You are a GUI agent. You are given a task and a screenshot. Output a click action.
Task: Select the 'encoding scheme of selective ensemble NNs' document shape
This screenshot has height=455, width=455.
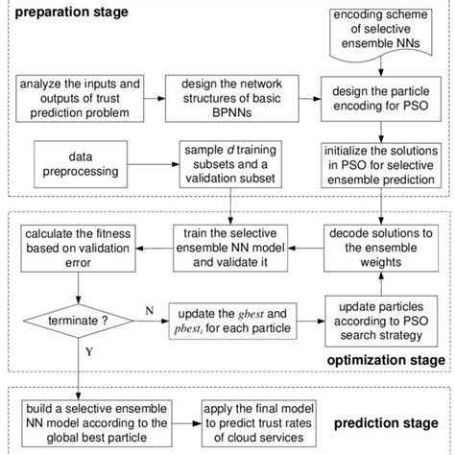(x=385, y=31)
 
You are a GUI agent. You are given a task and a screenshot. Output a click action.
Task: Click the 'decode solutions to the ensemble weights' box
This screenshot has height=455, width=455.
(x=383, y=246)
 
